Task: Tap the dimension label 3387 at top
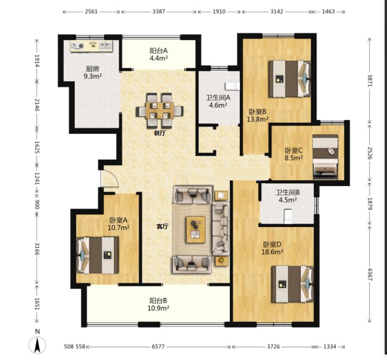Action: (158, 12)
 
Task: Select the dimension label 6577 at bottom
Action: (158, 347)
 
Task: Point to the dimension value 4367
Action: (369, 274)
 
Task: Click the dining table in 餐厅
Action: (160, 110)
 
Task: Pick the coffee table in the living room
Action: (196, 230)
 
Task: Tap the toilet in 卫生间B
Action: (288, 216)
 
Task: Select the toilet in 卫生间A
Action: (232, 86)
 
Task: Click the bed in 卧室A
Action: (98, 255)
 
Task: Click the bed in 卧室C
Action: (325, 157)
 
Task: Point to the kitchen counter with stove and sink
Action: (91, 46)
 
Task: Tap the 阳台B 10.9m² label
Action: (158, 304)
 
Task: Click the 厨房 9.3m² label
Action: (93, 72)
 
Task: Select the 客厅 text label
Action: (163, 226)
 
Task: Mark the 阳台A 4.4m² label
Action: (158, 54)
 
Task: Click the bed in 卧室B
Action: (289, 79)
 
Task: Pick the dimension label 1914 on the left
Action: (37, 61)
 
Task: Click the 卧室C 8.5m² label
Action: (293, 154)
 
